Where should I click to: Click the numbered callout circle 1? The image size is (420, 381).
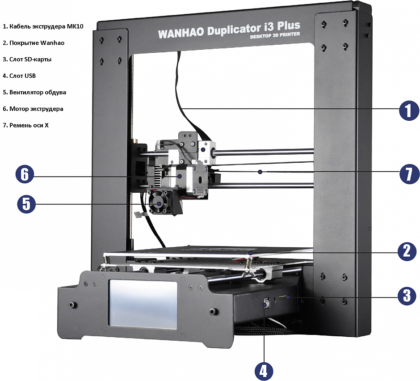pyautogui.click(x=409, y=110)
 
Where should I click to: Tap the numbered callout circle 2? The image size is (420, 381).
pyautogui.click(x=407, y=251)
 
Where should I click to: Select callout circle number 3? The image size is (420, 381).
pyautogui.click(x=407, y=296)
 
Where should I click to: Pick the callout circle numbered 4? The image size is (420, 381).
pyautogui.click(x=264, y=371)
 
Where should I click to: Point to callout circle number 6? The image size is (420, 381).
pyautogui.click(x=25, y=174)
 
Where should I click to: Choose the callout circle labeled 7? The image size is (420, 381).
pyautogui.click(x=410, y=174)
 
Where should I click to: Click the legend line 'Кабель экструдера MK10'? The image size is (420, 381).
pyautogui.click(x=43, y=26)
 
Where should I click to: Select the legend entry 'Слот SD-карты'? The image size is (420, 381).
pyautogui.click(x=27, y=59)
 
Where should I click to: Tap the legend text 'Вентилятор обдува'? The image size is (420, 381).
pyautogui.click(x=34, y=92)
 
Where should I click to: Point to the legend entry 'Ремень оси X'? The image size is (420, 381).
pyautogui.click(x=26, y=125)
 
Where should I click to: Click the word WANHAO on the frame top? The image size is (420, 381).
pyautogui.click(x=181, y=33)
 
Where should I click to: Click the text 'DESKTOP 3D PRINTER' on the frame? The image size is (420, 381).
pyautogui.click(x=275, y=35)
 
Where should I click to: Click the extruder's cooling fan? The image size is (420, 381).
pyautogui.click(x=158, y=203)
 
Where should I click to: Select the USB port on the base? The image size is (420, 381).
pyautogui.click(x=267, y=303)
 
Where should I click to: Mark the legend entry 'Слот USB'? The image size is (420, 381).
pyautogui.click(x=19, y=76)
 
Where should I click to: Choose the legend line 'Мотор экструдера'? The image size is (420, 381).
pyautogui.click(x=33, y=109)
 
